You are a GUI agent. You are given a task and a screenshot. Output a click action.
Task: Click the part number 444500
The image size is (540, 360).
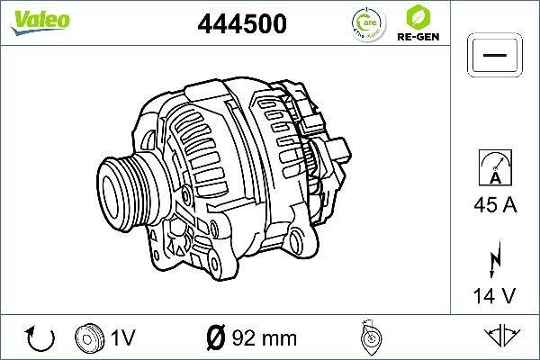point(242,25)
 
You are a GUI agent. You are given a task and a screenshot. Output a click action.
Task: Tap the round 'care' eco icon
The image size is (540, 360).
point(364,25)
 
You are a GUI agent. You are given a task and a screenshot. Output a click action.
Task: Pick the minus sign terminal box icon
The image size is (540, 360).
point(494,57)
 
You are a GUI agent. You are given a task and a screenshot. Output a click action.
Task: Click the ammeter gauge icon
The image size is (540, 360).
point(494,167)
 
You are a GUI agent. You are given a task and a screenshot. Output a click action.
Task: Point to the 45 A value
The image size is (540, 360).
point(494,205)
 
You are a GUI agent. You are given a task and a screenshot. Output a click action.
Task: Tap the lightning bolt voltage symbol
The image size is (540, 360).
point(494,258)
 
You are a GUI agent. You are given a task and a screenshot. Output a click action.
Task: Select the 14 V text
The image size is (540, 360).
point(494,295)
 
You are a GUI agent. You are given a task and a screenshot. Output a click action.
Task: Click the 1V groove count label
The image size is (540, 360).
point(122,338)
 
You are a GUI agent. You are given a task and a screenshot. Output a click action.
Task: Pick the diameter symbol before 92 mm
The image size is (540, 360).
point(215,338)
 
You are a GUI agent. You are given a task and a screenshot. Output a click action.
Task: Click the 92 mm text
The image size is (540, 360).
point(264,338)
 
